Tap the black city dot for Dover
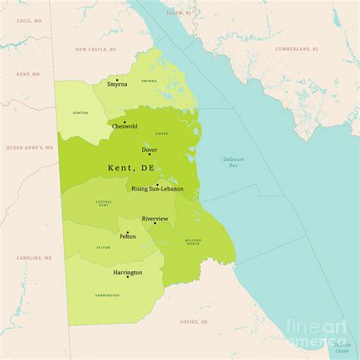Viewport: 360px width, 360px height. pos(150,154)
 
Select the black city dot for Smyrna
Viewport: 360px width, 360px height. pos(117,79)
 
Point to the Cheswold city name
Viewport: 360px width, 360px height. pos(124,126)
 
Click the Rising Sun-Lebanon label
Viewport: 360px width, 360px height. pos(157,189)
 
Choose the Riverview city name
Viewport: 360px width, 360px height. pos(154,219)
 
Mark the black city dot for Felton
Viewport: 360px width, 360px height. pos(128,232)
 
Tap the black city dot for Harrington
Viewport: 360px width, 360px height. pos(128,276)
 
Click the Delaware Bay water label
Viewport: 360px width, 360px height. pos(232,161)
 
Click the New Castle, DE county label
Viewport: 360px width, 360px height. pos(96,49)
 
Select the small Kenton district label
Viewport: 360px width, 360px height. pos(80,113)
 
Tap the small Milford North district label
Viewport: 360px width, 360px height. pos(193,242)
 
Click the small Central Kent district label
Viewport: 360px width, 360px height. pos(104,204)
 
